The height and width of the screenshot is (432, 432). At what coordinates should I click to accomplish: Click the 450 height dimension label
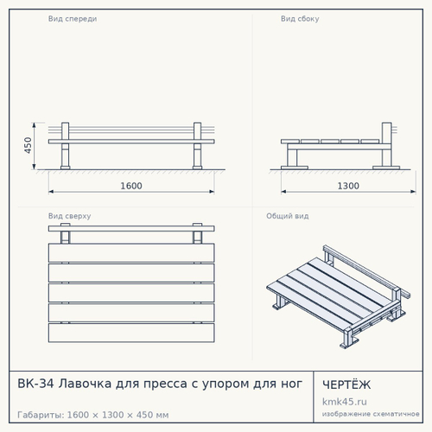(28, 145)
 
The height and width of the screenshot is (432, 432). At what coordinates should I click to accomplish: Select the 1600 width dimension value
(131, 186)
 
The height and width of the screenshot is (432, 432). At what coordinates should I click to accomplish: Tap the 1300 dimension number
(348, 186)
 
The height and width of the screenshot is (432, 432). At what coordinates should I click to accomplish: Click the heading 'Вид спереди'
(73, 19)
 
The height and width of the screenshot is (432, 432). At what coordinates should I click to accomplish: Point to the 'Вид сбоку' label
(300, 19)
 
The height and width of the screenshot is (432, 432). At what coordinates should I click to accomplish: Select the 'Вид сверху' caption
(70, 216)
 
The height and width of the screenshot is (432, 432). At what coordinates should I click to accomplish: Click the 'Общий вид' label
(288, 216)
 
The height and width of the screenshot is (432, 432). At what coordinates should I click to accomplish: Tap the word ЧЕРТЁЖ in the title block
(346, 384)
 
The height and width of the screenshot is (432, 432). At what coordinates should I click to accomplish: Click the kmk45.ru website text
(345, 402)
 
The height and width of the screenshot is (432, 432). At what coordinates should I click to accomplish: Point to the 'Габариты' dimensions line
(93, 415)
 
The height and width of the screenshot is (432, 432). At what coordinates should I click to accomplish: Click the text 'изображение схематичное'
(371, 414)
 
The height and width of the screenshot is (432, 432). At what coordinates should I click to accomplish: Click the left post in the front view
(66, 145)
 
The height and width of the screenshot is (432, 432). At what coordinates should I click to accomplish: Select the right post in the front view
(197, 145)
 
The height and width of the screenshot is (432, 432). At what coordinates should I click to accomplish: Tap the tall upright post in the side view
(387, 145)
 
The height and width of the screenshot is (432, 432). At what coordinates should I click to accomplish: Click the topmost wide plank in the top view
(131, 253)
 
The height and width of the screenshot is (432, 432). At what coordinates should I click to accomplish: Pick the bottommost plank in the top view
(131, 333)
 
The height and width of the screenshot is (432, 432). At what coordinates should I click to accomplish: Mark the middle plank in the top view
(131, 293)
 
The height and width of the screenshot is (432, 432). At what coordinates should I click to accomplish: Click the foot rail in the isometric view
(367, 271)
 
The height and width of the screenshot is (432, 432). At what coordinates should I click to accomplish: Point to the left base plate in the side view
(295, 168)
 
